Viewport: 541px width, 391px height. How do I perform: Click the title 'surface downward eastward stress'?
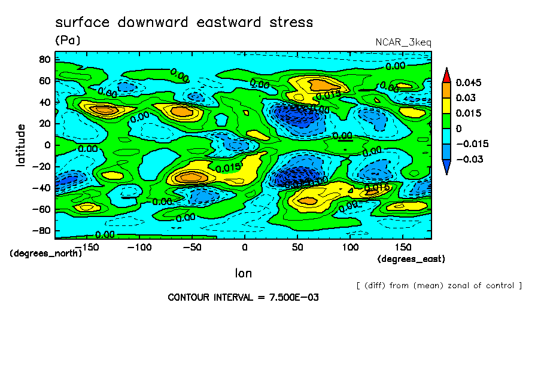click(184, 23)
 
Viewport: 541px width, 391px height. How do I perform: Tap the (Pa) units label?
click(67, 40)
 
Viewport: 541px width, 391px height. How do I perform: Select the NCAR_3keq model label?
click(403, 42)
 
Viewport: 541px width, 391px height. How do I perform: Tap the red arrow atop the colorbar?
click(446, 74)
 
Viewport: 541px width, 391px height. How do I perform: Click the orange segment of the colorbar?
click(446, 90)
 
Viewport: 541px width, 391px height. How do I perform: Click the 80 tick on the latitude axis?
click(44, 59)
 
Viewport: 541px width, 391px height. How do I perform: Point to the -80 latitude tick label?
click(41, 231)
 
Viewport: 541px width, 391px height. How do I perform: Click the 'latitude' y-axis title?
click(21, 145)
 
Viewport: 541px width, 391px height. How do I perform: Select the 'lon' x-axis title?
click(243, 273)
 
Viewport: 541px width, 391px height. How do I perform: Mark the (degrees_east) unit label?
click(411, 259)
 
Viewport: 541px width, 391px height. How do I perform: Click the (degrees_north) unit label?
click(46, 253)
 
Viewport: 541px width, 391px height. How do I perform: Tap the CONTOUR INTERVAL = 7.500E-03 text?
click(243, 297)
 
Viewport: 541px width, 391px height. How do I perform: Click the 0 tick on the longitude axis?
click(244, 247)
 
